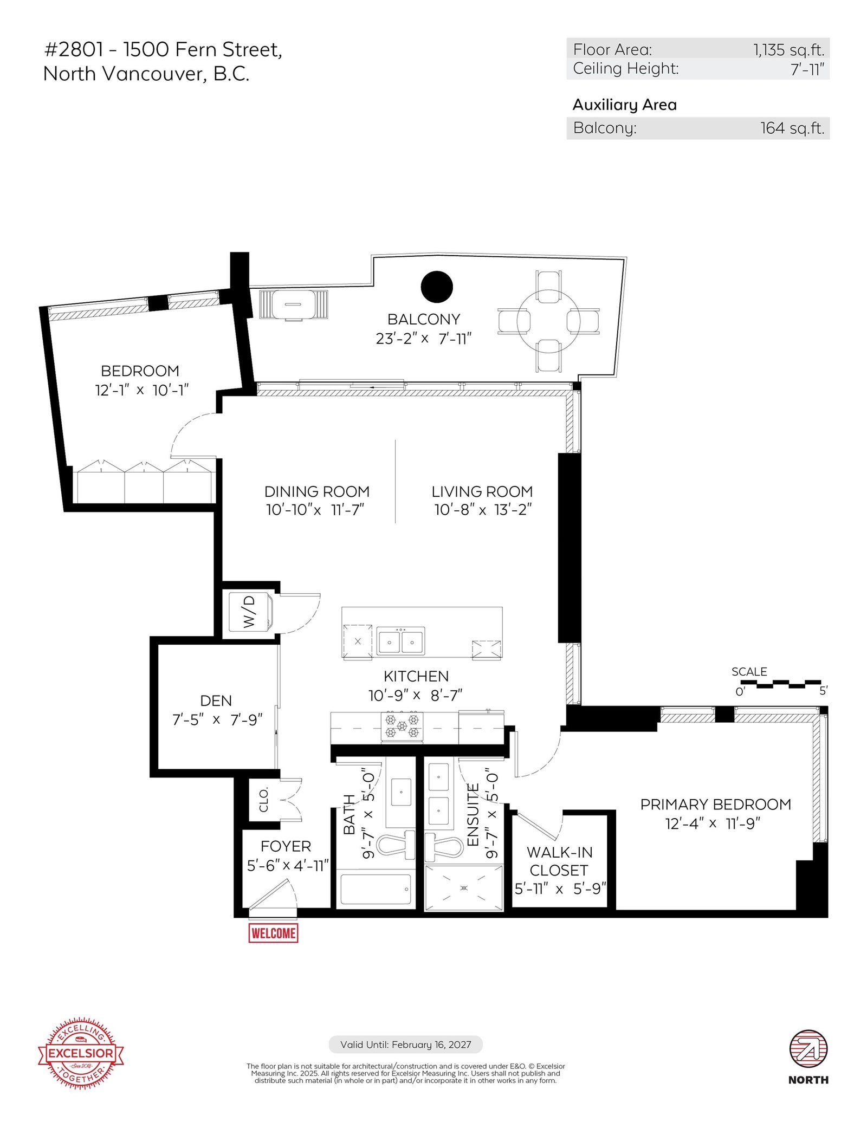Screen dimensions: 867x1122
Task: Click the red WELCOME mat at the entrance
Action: point(273,933)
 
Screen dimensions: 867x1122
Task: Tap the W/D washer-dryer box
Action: point(250,612)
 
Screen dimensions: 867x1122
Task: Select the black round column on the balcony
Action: point(437,287)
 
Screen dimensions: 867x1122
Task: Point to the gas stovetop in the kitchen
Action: point(402,727)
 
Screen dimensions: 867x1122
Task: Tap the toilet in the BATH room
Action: point(395,846)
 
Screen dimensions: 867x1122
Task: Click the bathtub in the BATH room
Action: point(375,889)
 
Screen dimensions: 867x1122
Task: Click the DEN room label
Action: point(216,701)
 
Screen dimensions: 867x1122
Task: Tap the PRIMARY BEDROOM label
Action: point(715,805)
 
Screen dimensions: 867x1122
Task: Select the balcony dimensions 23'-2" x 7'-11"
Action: point(424,339)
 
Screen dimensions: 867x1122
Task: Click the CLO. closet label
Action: point(264,800)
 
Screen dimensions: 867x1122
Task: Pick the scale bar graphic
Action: point(781,684)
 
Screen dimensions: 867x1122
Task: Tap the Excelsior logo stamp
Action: point(81,1054)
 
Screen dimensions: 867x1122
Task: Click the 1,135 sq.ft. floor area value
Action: point(788,50)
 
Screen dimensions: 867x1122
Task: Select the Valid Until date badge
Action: point(405,1045)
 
